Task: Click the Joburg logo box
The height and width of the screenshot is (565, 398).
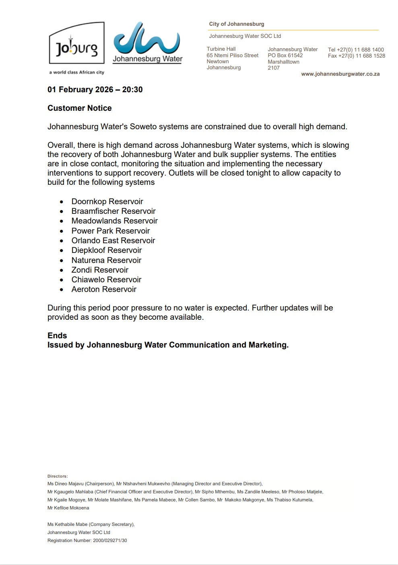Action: point(76,43)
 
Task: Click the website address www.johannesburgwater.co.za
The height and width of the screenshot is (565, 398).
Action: point(340,74)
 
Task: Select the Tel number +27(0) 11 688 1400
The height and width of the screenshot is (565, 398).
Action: point(356,50)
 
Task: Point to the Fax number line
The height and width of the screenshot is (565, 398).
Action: point(356,56)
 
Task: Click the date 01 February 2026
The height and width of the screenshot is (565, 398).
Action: point(80,89)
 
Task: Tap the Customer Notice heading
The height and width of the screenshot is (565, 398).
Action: point(80,108)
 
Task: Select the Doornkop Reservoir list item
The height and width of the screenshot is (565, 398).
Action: point(107,201)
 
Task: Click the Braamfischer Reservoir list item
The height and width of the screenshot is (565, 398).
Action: point(113,211)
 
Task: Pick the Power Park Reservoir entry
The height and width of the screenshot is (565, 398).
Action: point(110,231)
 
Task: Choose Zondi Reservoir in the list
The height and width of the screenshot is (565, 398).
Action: point(100,270)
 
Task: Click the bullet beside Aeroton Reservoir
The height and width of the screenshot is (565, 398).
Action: point(62,290)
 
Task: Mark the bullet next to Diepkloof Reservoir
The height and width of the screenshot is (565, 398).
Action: point(62,250)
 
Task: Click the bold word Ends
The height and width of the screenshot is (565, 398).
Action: point(57,335)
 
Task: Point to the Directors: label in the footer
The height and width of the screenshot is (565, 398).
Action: point(58,476)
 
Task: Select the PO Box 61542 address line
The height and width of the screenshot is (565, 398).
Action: point(285,56)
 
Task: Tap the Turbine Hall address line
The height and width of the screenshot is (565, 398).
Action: point(221,49)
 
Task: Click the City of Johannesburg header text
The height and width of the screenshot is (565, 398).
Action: point(237,24)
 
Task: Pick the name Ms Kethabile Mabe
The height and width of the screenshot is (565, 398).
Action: point(67,524)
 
